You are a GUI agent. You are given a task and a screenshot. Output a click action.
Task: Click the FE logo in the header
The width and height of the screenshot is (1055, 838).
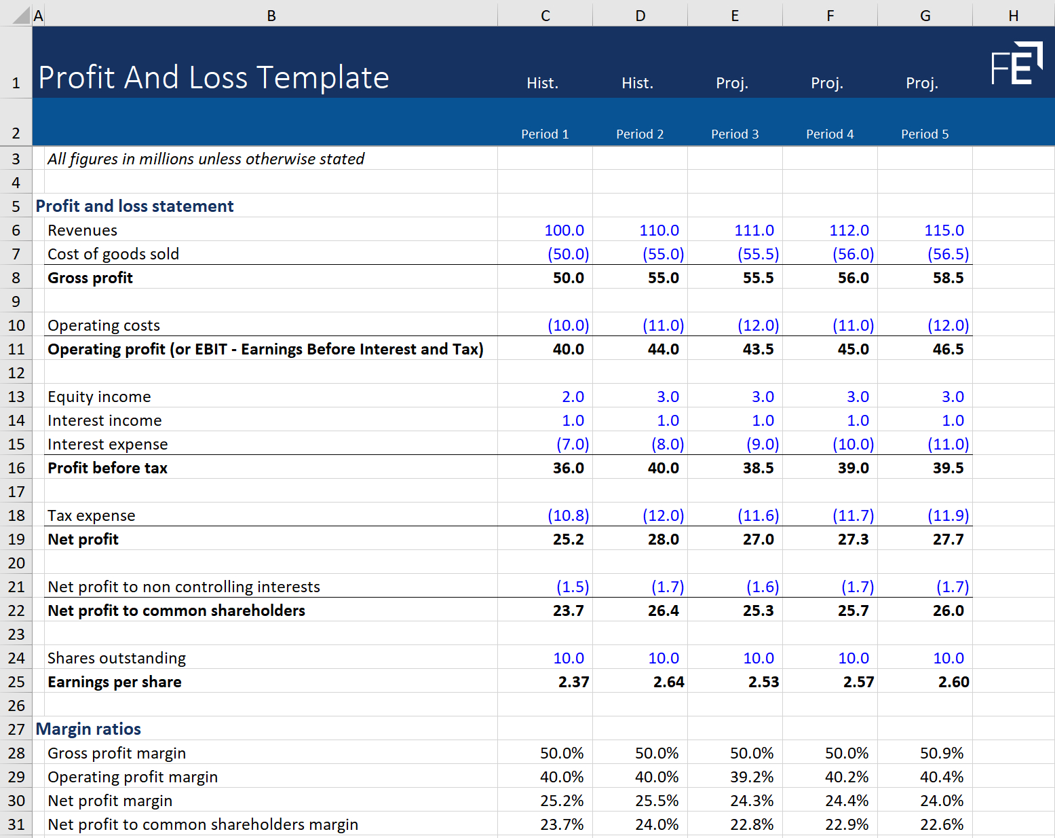point(1016,64)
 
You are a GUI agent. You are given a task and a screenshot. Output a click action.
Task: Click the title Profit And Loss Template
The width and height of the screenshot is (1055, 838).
point(214,77)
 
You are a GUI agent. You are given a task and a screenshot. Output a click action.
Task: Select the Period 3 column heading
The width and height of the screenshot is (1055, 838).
point(735,134)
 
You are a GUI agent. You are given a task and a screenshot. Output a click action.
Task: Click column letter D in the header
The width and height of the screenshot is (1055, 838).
point(640,16)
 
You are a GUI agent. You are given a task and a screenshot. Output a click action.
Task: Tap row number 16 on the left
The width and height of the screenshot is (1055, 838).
point(16,468)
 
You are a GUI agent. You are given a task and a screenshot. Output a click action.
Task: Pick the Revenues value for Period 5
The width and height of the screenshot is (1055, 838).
point(944,230)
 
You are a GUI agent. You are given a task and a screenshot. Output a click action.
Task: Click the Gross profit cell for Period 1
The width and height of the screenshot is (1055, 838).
point(568,278)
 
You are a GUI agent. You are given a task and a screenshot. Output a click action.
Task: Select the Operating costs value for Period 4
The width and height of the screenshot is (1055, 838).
point(853,325)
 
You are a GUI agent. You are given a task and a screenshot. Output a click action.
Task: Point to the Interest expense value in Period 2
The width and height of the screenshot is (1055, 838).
point(668,444)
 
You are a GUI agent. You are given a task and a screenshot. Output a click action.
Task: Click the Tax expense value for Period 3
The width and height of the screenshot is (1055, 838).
point(758,515)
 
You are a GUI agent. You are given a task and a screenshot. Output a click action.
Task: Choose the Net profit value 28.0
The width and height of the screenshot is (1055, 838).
point(663,539)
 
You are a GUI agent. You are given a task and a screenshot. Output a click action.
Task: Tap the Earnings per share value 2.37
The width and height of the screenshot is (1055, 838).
point(573,682)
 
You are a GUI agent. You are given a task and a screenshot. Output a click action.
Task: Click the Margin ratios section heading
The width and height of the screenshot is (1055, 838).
point(88,729)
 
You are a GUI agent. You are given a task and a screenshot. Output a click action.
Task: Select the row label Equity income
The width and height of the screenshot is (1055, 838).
point(99,397)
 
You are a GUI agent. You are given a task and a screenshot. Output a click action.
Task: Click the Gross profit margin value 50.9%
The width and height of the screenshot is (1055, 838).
point(942,753)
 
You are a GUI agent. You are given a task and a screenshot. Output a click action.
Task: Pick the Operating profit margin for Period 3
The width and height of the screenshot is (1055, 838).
point(752,777)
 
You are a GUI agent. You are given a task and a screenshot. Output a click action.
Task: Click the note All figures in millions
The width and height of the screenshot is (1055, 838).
point(206,159)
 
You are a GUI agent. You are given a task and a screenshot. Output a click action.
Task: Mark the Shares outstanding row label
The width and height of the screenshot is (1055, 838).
point(117,658)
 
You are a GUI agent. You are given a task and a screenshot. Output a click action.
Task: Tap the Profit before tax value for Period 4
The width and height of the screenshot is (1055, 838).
point(853,468)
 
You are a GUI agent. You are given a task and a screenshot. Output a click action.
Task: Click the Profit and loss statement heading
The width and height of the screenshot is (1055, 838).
point(134,206)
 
